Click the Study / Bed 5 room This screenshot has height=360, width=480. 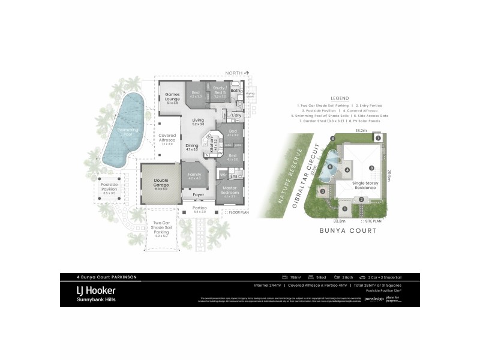tap(220, 91)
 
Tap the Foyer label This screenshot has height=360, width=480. tap(198, 195)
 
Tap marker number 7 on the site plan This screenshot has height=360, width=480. tap(378, 137)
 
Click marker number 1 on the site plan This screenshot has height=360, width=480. tap(345, 208)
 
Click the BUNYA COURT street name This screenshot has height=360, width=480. tap(347, 230)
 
